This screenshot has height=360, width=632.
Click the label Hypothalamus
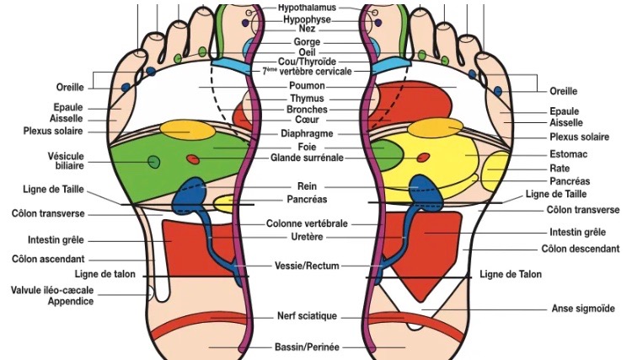coord(307,7)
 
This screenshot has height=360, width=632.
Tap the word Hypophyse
coord(307,18)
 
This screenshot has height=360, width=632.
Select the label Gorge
coord(307,40)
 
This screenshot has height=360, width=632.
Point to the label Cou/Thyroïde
coord(307,61)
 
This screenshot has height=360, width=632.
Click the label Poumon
coord(307,85)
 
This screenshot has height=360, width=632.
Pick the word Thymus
coord(307,98)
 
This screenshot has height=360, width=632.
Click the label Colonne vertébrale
coord(307,223)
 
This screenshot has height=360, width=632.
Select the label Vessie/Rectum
coord(307,266)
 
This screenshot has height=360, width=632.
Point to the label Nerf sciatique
coord(307,316)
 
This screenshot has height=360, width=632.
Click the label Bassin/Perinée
coord(307,347)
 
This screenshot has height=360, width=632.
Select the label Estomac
coord(569,154)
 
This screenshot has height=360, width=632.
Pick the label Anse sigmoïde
coord(582,309)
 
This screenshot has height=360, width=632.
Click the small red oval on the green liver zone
coord(193,159)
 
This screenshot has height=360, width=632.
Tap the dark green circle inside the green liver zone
coord(153,161)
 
